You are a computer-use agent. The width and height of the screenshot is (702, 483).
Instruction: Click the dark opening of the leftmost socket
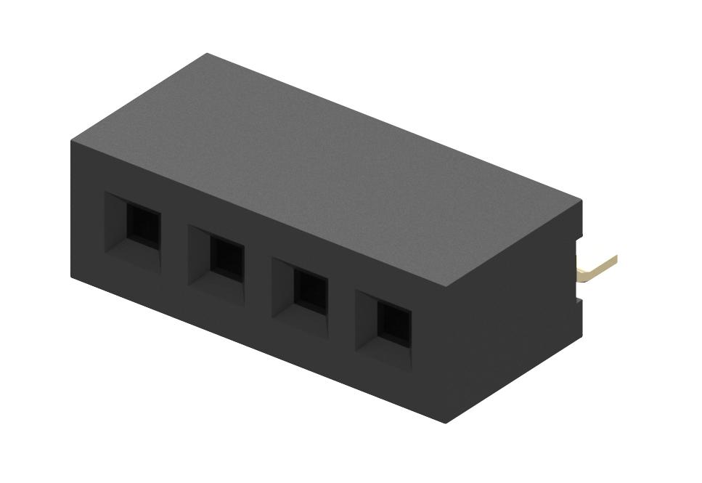tap(143, 222)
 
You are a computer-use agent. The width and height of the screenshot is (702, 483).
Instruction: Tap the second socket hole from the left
tap(226, 259)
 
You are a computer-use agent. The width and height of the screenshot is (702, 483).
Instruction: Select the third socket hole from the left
tap(310, 291)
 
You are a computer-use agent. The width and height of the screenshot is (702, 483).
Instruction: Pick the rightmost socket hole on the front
tap(394, 324)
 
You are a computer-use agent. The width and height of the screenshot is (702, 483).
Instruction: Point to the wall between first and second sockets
tap(174, 240)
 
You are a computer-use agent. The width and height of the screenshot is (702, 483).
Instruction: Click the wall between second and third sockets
tap(258, 274)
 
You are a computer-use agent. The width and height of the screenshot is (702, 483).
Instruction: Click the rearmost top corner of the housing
tap(208, 54)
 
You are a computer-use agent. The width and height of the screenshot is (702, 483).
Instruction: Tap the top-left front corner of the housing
tap(71, 140)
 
